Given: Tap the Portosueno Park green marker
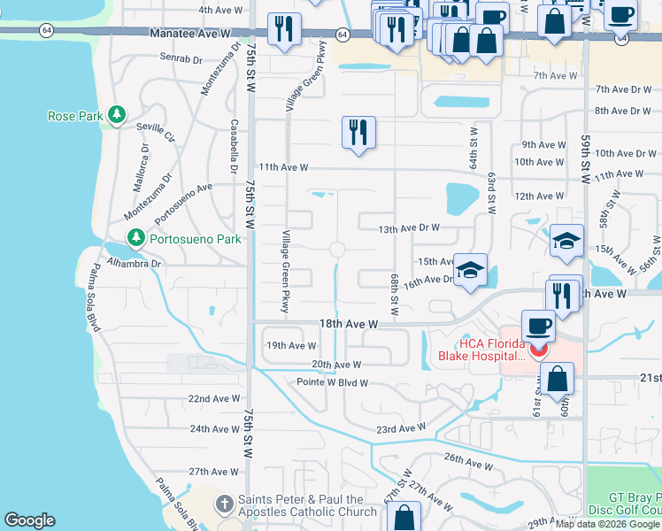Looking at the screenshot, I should click(x=135, y=238).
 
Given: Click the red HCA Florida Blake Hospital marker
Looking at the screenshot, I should click(x=537, y=350).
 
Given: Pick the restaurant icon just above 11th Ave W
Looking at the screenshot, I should click(x=358, y=134).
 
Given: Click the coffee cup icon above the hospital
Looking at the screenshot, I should click(x=538, y=326).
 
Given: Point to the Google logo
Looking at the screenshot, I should click(x=29, y=520).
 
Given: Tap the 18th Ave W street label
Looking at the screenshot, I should click(x=348, y=325).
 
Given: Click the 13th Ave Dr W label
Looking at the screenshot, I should click(x=409, y=227).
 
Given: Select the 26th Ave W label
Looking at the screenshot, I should click(x=468, y=463).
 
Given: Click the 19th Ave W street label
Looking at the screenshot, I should click(x=291, y=346).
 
